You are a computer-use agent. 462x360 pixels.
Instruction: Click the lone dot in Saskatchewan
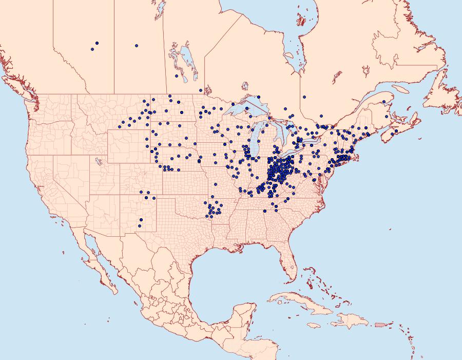[x=137, y=46]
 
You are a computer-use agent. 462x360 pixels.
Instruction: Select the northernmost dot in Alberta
[x=97, y=43]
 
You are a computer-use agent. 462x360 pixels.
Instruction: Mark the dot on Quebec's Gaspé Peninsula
[x=384, y=102]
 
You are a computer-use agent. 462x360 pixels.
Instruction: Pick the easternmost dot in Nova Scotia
[x=396, y=131]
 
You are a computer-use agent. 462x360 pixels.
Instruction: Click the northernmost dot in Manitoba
[x=177, y=76]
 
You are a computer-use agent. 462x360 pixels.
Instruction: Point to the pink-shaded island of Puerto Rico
[x=380, y=324]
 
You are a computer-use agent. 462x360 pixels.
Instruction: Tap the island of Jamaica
[x=314, y=325]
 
